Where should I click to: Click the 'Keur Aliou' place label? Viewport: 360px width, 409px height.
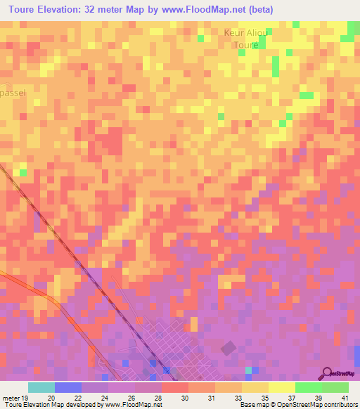[246, 33]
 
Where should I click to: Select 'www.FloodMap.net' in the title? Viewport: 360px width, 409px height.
[200, 10]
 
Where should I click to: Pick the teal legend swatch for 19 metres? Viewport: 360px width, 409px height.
[41, 387]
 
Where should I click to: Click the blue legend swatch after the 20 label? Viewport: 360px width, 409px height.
[67, 387]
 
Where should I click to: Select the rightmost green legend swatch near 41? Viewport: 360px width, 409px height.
[335, 387]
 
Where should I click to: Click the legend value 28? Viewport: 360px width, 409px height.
[159, 397]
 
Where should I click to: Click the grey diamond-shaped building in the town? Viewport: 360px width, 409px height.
[229, 348]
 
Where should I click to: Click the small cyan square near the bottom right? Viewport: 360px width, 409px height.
[248, 369]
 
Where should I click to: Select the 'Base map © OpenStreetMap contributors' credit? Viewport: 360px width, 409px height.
[299, 405]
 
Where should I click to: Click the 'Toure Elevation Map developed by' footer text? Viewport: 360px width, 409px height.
[49, 405]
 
